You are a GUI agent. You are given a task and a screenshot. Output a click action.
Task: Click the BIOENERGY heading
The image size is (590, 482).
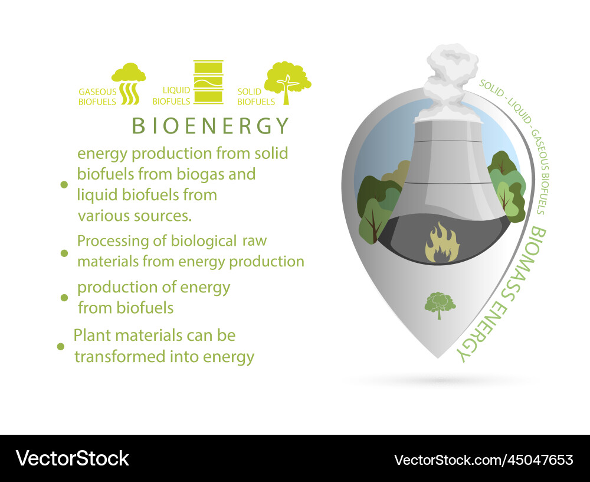click(211, 126)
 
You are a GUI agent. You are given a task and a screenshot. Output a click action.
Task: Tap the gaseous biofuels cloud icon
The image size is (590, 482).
click(129, 83)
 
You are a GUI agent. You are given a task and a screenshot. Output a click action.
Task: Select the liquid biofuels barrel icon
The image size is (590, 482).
click(208, 82)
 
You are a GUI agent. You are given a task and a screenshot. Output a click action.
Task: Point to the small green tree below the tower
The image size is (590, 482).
click(440, 305)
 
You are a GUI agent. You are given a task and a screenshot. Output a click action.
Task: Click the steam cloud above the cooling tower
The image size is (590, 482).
click(451, 79)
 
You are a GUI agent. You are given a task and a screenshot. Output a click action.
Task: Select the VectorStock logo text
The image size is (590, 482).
click(73, 458)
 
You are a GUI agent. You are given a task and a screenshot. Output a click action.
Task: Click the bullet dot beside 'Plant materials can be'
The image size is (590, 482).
click(60, 346)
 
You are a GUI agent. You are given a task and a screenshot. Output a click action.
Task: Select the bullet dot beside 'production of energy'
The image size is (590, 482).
click(64, 297)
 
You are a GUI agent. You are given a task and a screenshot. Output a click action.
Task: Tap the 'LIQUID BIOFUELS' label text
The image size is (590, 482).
click(171, 96)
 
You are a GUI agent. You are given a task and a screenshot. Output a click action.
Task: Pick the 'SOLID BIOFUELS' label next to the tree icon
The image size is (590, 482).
click(256, 97)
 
